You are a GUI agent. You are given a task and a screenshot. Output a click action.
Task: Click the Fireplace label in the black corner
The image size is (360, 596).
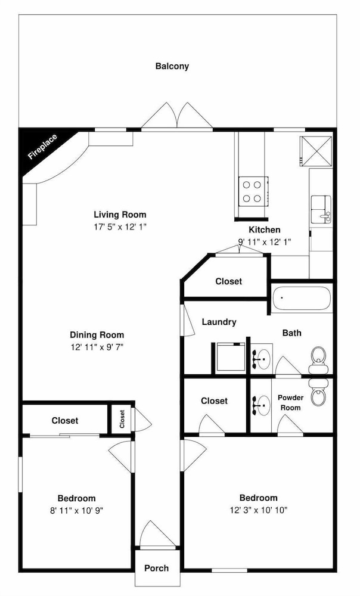coord(42,147)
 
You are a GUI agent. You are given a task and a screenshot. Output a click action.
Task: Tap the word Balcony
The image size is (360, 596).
coord(172,66)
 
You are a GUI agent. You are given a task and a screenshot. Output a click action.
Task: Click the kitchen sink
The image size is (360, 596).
coord(321,209)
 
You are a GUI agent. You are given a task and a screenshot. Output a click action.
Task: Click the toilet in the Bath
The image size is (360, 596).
coord(318,360)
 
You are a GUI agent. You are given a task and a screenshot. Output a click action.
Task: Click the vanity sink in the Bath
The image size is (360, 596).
coord(262,358)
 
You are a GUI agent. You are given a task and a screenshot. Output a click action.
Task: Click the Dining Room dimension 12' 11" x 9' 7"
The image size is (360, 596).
coord(97,347)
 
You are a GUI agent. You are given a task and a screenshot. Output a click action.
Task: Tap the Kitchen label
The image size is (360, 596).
coord(265,229)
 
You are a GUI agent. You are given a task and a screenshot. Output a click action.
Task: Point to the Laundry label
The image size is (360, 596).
coord(219,322)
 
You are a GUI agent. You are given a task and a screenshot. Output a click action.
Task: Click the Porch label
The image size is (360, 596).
coord(156,568)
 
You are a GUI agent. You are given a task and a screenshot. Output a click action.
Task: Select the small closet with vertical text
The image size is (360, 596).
coord(122,419)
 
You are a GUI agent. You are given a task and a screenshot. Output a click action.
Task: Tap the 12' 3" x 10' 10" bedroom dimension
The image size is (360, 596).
coord(259,510)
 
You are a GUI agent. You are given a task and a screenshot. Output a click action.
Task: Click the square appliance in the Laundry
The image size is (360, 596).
coord(229,358)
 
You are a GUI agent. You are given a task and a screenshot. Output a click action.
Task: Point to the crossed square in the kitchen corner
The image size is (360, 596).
coord(316,151)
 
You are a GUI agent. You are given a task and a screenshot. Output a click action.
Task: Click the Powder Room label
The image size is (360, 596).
coord(290,402)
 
